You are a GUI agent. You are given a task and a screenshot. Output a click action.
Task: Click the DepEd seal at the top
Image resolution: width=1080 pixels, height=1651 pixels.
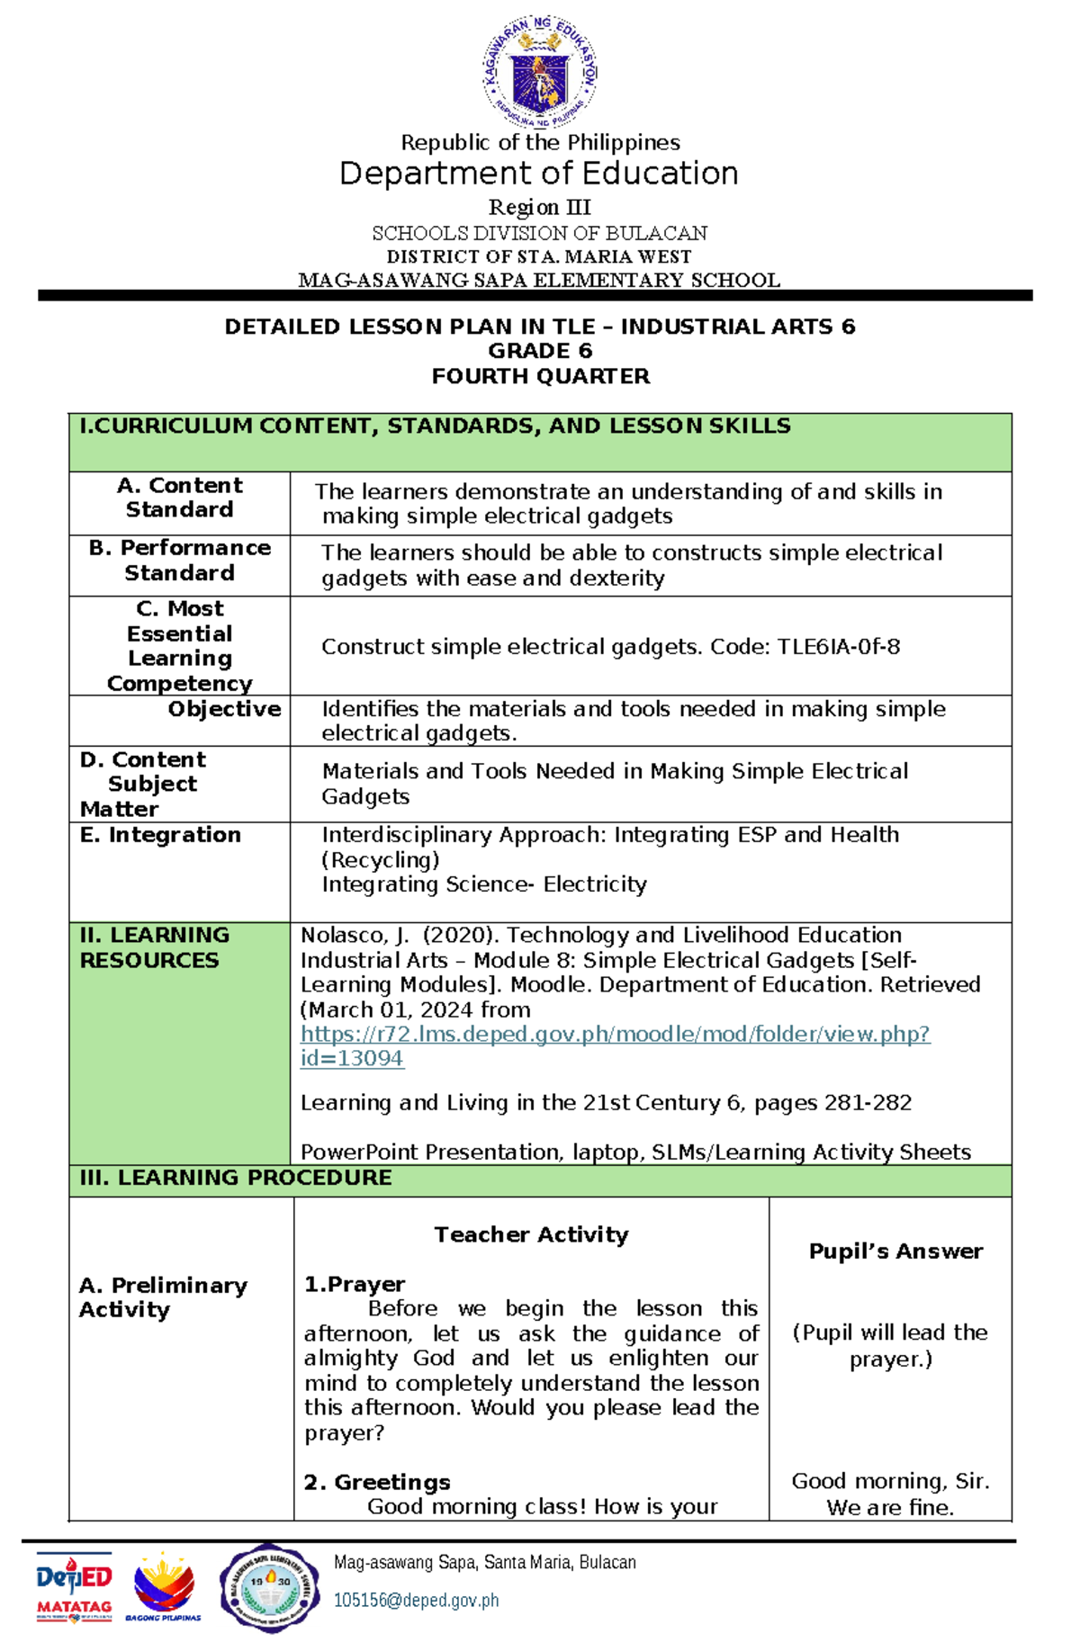coord(540,73)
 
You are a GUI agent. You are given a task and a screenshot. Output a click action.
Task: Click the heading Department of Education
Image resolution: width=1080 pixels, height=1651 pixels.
coord(539,174)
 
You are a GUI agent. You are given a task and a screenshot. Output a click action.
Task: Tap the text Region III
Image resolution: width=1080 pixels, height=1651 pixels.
coord(539,208)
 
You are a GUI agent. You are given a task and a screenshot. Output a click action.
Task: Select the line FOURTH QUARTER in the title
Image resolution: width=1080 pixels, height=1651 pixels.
coord(540,376)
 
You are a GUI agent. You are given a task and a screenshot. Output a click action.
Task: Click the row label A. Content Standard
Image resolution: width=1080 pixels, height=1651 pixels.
coord(180,498)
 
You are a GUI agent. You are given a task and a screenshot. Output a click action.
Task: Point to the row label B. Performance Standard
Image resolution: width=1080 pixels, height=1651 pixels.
coord(180,561)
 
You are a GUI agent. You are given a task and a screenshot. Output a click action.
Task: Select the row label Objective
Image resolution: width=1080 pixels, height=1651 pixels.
coord(224,709)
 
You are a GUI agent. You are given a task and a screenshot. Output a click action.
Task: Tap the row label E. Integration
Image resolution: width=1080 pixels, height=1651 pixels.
coord(160,835)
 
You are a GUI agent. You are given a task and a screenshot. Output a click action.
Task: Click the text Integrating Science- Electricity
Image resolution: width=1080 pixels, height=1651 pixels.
coord(484,884)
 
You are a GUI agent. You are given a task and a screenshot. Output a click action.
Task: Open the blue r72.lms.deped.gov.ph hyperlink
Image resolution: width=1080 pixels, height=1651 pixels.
coord(615,1035)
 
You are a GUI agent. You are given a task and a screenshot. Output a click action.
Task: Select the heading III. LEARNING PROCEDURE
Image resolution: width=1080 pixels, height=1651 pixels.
coord(236,1178)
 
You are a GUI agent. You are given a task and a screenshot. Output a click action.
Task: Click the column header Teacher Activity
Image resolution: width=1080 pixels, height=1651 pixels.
coord(531,1234)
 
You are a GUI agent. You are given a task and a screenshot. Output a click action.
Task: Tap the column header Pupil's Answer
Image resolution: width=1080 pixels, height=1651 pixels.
coord(895,1252)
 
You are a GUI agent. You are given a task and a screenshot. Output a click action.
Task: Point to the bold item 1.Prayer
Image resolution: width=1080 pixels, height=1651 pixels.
coord(355,1284)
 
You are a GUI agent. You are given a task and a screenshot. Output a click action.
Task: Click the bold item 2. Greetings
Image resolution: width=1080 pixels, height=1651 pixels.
coord(377,1482)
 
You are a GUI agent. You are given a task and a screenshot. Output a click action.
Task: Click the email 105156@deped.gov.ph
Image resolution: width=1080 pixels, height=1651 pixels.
coord(416,1601)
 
